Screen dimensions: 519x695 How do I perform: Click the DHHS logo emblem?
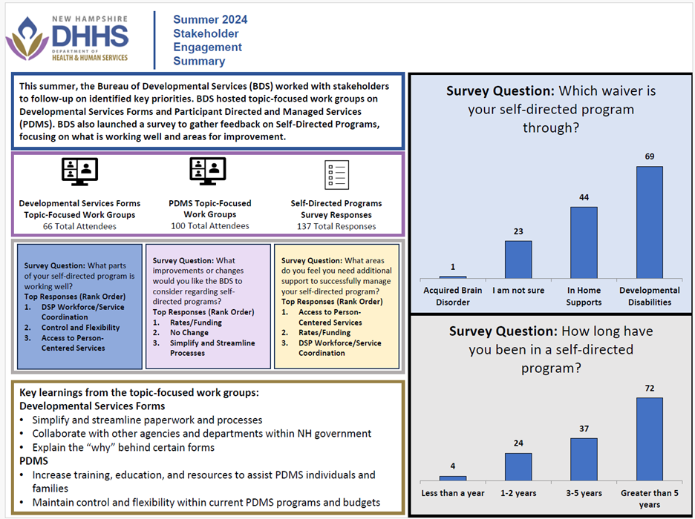27,39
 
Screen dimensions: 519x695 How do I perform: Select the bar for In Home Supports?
583,242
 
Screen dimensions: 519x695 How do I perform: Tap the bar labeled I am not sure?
518,259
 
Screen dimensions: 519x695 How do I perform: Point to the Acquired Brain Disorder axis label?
452,296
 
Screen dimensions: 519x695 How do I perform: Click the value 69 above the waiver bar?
649,156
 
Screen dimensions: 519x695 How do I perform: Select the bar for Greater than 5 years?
649,439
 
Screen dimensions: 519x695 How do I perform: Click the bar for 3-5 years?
583,459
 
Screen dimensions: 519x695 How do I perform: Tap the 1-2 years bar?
518,466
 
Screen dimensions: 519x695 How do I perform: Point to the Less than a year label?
452,493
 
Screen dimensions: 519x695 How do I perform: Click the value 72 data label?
649,388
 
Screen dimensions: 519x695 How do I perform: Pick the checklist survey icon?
336,175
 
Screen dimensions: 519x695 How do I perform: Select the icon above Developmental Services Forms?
79,172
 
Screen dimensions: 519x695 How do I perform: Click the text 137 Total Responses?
336,226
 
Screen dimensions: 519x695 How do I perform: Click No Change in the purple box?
195,333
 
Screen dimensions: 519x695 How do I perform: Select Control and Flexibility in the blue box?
80,328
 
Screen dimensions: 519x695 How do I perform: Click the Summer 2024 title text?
210,19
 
